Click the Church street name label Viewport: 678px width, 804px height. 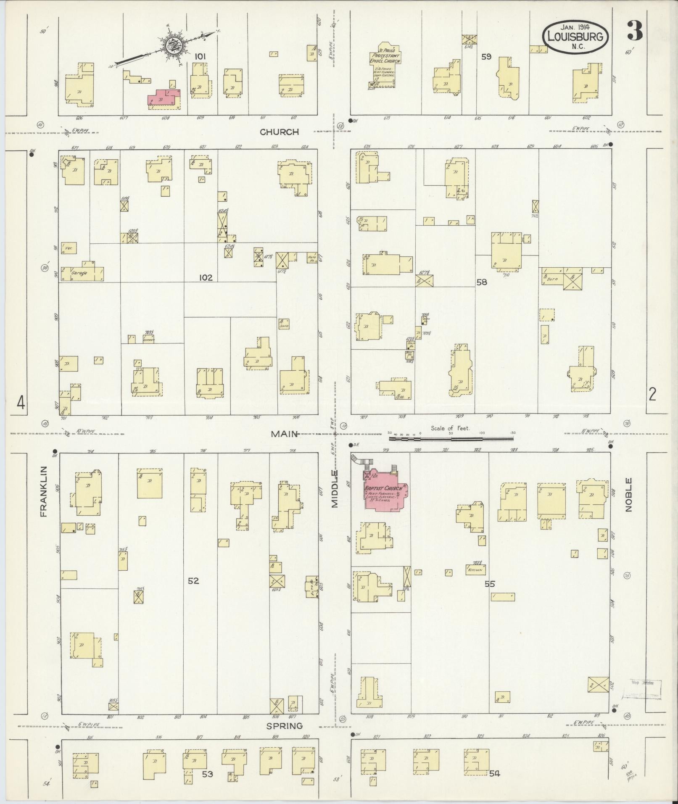pos(279,132)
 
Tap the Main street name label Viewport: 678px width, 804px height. pos(284,434)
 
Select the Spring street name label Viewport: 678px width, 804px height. pos(285,726)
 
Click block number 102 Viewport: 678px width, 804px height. pos(206,277)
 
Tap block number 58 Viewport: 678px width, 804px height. pos(482,282)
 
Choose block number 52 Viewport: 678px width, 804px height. pos(193,581)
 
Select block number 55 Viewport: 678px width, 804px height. pos(490,584)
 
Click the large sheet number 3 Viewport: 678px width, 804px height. pos(635,30)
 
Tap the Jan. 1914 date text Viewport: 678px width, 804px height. pos(574,28)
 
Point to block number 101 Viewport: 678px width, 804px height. pos(200,56)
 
